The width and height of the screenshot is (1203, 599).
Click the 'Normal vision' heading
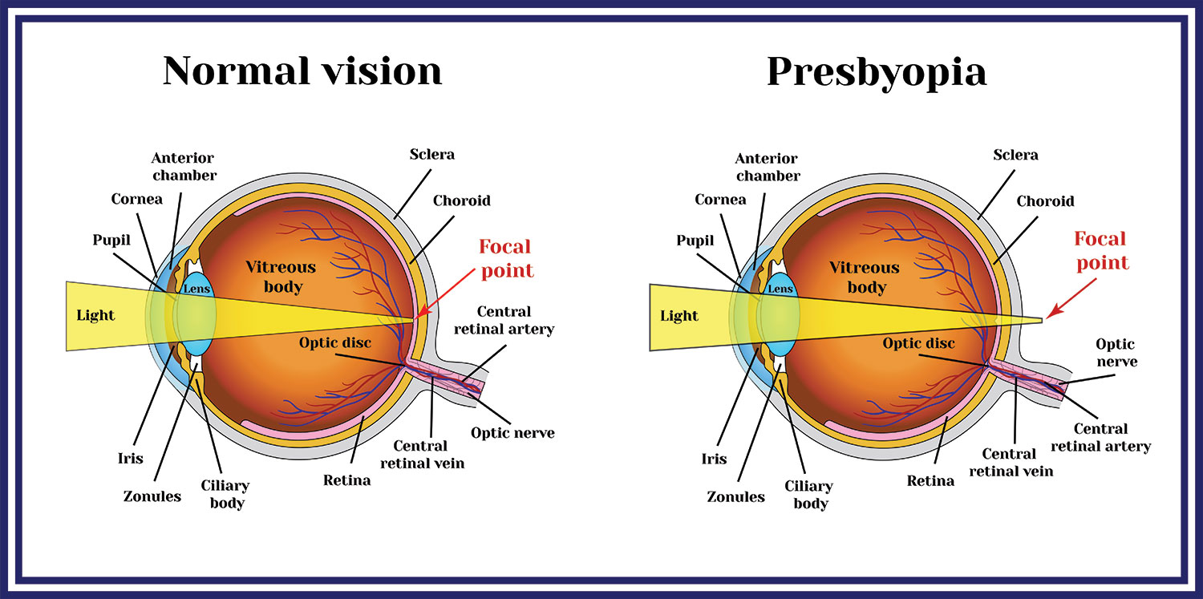coord(302,71)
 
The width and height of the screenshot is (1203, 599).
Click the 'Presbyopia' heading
coord(877,71)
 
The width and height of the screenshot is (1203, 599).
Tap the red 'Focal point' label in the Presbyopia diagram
coord(1101,250)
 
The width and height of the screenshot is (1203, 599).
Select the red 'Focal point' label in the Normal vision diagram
coord(506,258)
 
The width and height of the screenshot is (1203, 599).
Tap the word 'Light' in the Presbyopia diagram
coord(679,315)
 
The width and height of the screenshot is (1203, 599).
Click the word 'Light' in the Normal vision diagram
coord(95,315)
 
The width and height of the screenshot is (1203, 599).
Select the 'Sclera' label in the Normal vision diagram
coord(431,154)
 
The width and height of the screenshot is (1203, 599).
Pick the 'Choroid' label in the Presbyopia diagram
coord(1045,201)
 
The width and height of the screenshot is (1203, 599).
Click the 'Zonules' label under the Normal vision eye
coord(152,496)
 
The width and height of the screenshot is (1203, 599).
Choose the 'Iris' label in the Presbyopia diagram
coord(714,459)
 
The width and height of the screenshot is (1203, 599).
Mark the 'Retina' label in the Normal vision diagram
coord(346,480)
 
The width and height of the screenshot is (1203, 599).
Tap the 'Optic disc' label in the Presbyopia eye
coord(919,343)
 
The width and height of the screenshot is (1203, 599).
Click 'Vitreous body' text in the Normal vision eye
coord(281,277)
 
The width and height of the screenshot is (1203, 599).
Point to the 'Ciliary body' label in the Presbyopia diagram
coord(809,494)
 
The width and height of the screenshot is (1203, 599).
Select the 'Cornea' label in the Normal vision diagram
coord(137,199)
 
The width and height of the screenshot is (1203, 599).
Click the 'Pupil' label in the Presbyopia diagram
coord(695,240)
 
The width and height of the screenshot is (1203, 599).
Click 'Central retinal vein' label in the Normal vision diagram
coord(422,454)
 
